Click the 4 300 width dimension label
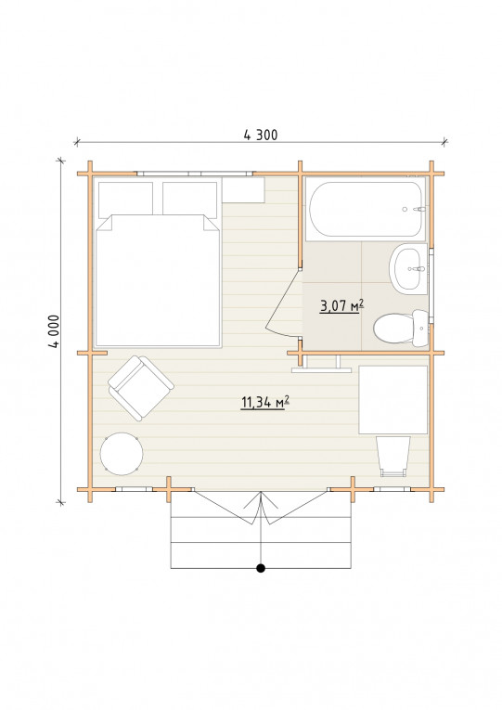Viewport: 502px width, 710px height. pyautogui.click(x=261, y=135)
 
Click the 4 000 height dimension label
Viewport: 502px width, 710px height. pyautogui.click(x=54, y=331)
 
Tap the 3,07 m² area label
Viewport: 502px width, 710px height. pyautogui.click(x=341, y=306)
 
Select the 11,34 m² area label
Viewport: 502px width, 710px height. pyautogui.click(x=264, y=402)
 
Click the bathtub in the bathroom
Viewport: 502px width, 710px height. pyautogui.click(x=366, y=209)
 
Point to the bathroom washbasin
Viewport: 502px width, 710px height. pyautogui.click(x=408, y=269)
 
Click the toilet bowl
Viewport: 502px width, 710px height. pyautogui.click(x=392, y=329)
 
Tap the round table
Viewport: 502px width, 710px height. pyautogui.click(x=122, y=454)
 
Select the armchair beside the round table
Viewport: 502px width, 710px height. pyautogui.click(x=141, y=388)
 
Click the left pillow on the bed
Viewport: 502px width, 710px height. pyautogui.click(x=125, y=199)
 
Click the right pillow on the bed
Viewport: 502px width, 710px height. pyautogui.click(x=189, y=199)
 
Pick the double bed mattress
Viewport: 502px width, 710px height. pyautogui.click(x=158, y=280)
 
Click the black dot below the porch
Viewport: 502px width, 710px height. pyautogui.click(x=261, y=568)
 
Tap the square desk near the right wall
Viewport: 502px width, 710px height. pyautogui.click(x=393, y=400)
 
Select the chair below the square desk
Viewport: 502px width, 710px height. pyautogui.click(x=393, y=456)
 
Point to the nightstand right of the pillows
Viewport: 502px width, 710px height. pyautogui.click(x=243, y=190)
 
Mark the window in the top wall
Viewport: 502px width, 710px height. pyautogui.click(x=195, y=174)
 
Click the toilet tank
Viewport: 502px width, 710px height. pyautogui.click(x=420, y=329)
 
